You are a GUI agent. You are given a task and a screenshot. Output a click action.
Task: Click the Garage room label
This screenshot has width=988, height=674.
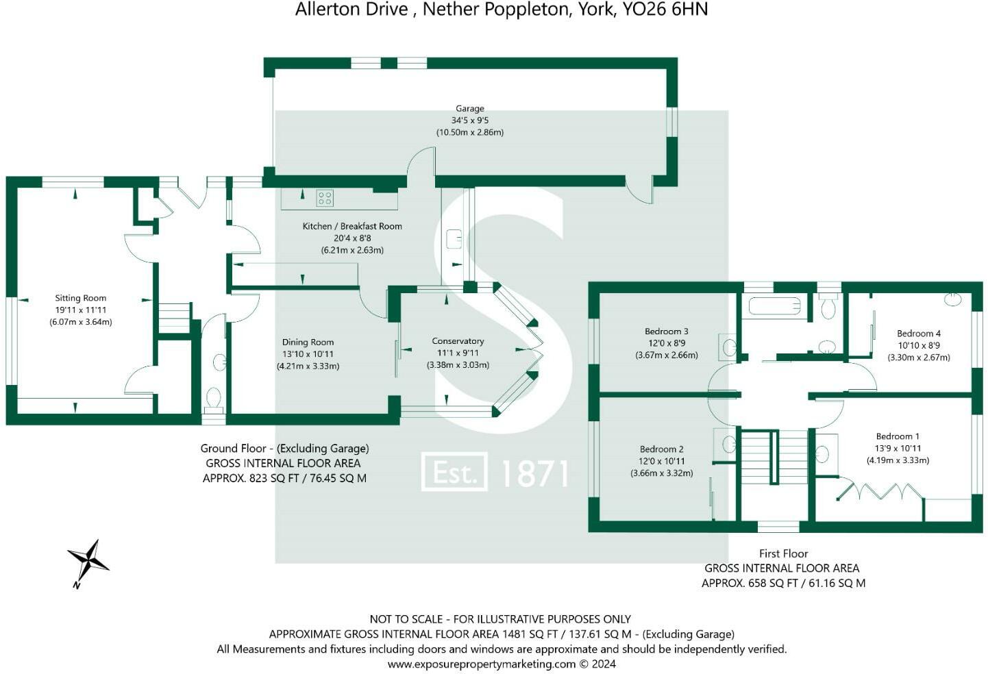469,108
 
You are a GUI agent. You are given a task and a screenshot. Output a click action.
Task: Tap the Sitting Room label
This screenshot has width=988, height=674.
81,298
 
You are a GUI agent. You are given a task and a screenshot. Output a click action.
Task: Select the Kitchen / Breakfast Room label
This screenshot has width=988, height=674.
352,226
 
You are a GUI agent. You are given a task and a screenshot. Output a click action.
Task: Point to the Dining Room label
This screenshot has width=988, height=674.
308,342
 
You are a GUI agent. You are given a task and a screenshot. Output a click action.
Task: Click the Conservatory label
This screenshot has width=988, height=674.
458,341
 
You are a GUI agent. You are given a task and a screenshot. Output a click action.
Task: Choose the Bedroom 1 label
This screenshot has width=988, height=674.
898,436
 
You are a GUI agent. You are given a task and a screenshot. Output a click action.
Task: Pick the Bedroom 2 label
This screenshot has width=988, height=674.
662,449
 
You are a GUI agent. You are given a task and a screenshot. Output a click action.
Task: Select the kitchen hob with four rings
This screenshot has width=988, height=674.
325,199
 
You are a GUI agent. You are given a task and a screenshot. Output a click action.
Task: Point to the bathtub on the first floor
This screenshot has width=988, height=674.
775,305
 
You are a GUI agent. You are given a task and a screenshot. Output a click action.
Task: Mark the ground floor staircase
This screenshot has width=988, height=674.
173,319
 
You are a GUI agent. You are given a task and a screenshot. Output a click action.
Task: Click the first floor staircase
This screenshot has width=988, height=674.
775,457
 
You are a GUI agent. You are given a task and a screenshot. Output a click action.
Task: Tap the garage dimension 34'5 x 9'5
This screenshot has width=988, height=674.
469,120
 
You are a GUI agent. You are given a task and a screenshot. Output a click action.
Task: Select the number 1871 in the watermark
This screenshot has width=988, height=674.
535,473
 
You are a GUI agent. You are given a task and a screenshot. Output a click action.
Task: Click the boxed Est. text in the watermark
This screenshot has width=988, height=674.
454,472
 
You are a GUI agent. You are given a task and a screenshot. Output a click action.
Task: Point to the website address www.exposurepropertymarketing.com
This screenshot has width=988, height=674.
482,664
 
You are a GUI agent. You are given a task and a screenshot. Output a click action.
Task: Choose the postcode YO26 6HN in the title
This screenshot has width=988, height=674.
665,10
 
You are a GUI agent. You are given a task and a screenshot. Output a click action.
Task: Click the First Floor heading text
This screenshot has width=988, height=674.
783,553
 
